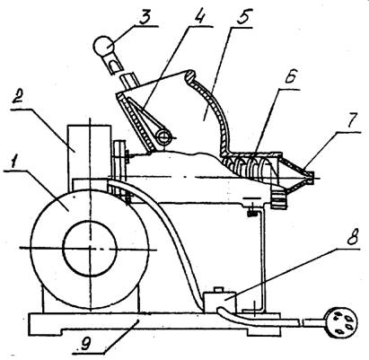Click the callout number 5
[243, 17]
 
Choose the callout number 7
[353, 119]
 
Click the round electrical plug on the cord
[342, 323]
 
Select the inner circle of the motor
[90, 248]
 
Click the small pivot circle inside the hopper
[163, 137]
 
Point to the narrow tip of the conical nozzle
[312, 178]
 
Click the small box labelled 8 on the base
[220, 303]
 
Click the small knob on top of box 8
[219, 290]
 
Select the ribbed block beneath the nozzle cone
[279, 198]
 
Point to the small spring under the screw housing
[252, 214]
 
